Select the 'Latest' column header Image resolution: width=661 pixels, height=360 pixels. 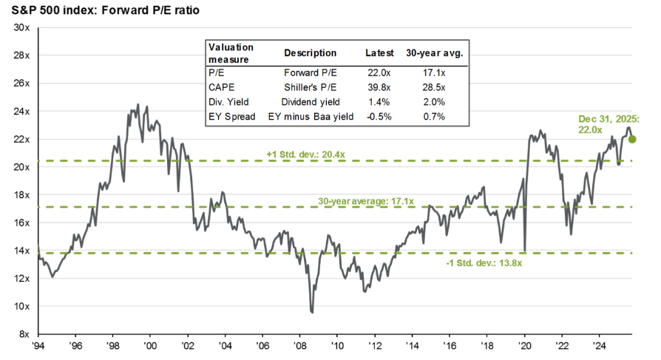[379, 53]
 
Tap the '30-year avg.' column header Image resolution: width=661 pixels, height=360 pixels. [431, 53]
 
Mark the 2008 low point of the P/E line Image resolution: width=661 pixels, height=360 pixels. [312, 312]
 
